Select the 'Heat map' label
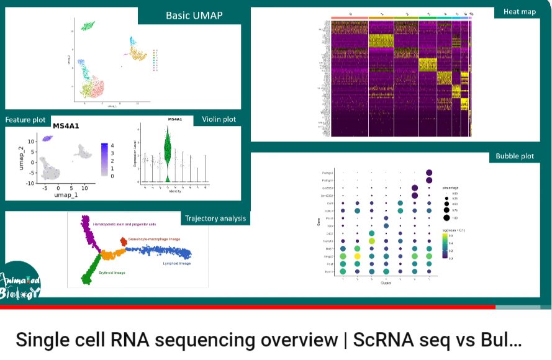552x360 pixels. click(520, 12)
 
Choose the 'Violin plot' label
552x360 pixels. click(219, 120)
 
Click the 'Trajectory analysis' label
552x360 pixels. click(215, 218)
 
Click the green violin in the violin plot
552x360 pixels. click(167, 152)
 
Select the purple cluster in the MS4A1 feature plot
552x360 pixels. click(45, 139)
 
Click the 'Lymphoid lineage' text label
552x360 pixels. click(175, 264)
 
